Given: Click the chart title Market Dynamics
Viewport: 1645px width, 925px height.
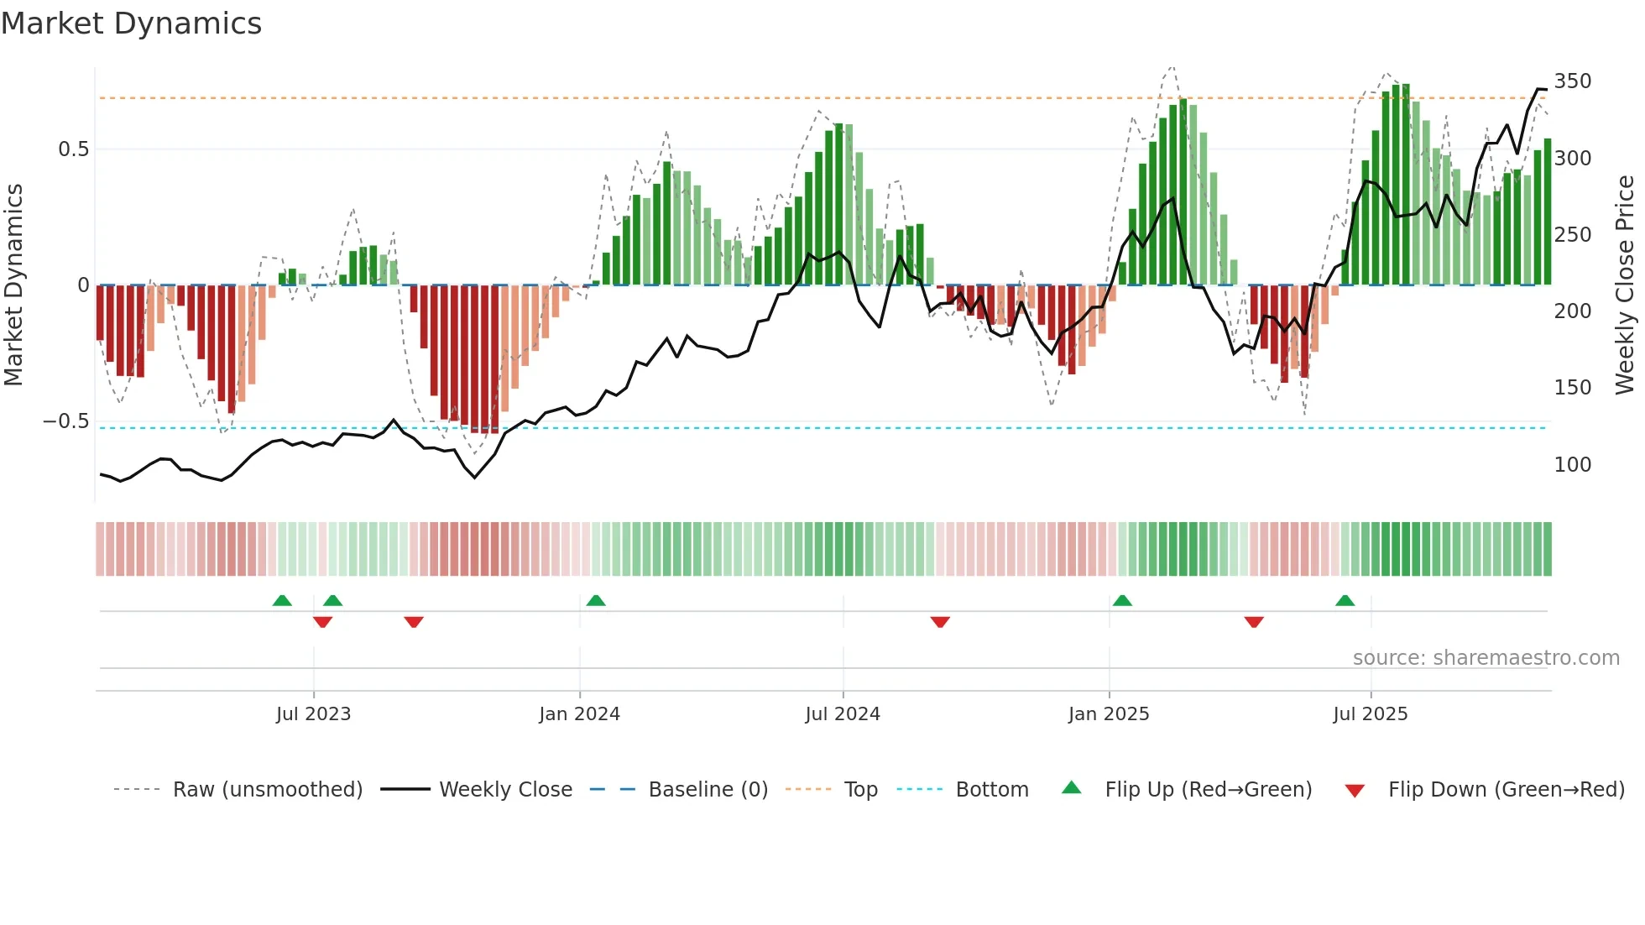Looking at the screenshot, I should pyautogui.click(x=131, y=24).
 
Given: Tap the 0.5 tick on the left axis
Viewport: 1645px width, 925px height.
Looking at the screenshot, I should pyautogui.click(x=73, y=149).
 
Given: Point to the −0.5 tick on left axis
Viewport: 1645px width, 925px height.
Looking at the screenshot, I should pyautogui.click(x=66, y=421).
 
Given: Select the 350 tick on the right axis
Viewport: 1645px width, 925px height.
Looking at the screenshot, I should pyautogui.click(x=1572, y=81).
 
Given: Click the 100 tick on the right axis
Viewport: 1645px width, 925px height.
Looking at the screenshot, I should pyautogui.click(x=1572, y=465).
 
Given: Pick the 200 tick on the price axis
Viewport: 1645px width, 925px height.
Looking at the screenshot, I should pyautogui.click(x=1572, y=311).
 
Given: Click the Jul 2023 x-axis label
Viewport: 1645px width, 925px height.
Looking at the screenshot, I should pyautogui.click(x=313, y=714).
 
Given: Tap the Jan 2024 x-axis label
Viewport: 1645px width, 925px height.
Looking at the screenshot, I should pyautogui.click(x=579, y=714).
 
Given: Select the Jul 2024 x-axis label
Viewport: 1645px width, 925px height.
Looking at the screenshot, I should pyautogui.click(x=843, y=714).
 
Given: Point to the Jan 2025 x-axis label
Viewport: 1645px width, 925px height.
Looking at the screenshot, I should pyautogui.click(x=1109, y=714).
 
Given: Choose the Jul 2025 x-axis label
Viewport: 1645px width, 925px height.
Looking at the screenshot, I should pyautogui.click(x=1371, y=714).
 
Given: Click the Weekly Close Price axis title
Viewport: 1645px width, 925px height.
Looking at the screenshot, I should pyautogui.click(x=1625, y=285).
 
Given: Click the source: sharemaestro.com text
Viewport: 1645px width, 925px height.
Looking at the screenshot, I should pyautogui.click(x=1486, y=658).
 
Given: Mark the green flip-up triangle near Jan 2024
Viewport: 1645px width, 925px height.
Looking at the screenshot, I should pyautogui.click(x=596, y=600).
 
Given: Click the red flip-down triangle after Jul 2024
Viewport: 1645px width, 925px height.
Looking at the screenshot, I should pyautogui.click(x=940, y=622).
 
